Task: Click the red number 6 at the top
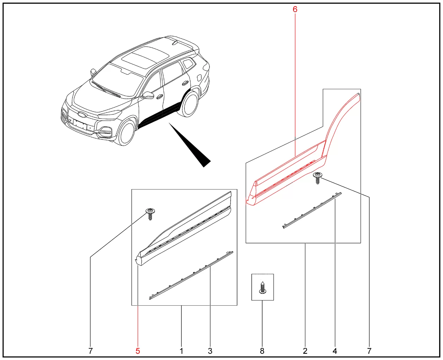click(295, 9)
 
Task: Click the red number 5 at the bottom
click(138, 351)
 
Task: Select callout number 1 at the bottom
click(181, 351)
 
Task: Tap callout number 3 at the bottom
click(210, 351)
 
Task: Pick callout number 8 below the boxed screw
click(262, 351)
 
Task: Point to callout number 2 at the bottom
click(305, 351)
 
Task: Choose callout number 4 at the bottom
click(335, 351)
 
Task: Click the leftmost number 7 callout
click(90, 351)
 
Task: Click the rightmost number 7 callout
click(369, 351)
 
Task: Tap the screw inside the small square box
click(262, 288)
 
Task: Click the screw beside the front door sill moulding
click(150, 214)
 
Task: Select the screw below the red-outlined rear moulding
click(318, 178)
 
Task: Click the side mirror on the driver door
click(148, 95)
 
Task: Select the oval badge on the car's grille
click(82, 114)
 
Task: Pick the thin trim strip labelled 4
click(312, 210)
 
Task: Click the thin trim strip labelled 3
click(191, 275)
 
